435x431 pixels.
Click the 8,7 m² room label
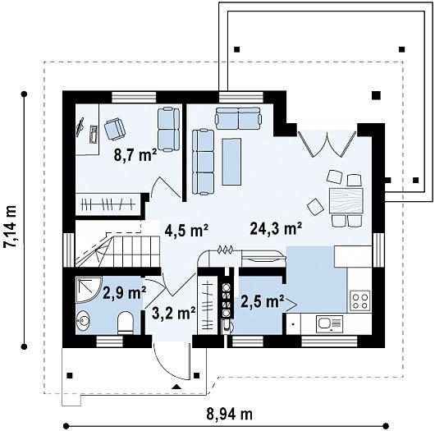click(x=135, y=154)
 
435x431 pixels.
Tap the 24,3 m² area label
click(x=276, y=228)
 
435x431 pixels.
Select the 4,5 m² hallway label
click(x=186, y=230)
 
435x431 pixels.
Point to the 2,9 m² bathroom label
click(x=124, y=292)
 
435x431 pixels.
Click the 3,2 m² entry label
click(x=174, y=314)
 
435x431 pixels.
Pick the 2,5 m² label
click(x=263, y=301)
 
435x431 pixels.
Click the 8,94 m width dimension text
click(x=230, y=415)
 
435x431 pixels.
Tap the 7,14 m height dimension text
click(x=11, y=227)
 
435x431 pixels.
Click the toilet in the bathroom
click(x=125, y=323)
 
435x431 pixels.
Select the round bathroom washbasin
click(x=83, y=321)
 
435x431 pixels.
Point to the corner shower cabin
click(x=86, y=290)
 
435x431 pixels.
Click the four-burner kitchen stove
click(x=360, y=300)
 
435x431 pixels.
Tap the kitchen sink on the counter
click(x=330, y=324)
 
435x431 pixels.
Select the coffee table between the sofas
click(x=231, y=162)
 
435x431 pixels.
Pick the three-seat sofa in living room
click(x=203, y=162)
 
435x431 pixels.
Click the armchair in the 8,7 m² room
click(x=115, y=129)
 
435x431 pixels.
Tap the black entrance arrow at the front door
click(x=176, y=387)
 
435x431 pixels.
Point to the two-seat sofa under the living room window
click(x=238, y=118)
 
